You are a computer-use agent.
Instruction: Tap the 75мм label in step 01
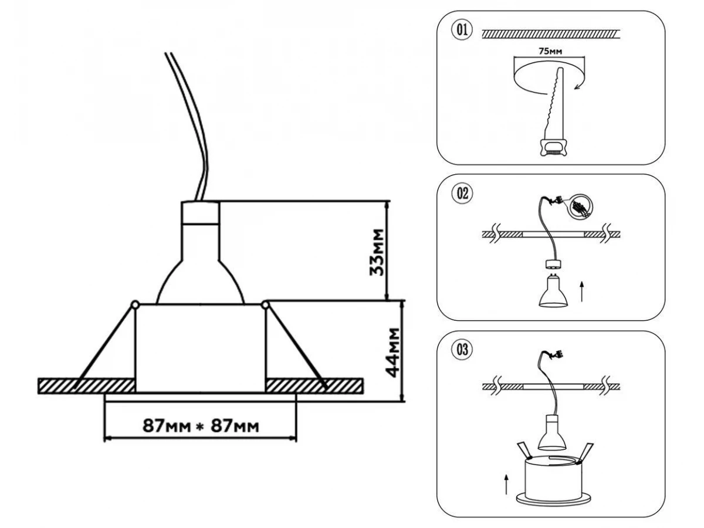[x=549, y=52]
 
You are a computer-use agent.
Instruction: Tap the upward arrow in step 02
[x=582, y=291]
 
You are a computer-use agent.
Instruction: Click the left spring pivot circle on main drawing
[x=135, y=304]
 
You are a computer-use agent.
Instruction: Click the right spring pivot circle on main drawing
[x=265, y=304]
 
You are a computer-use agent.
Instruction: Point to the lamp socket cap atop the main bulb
[x=200, y=212]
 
